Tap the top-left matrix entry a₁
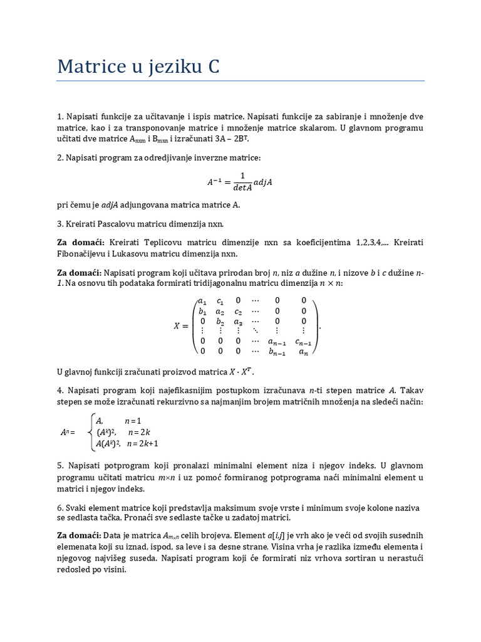pos(202,300)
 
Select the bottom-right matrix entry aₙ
pos(303,352)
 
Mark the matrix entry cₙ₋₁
pos(303,342)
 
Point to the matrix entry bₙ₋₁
pos(277,352)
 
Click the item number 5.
pos(60,466)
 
